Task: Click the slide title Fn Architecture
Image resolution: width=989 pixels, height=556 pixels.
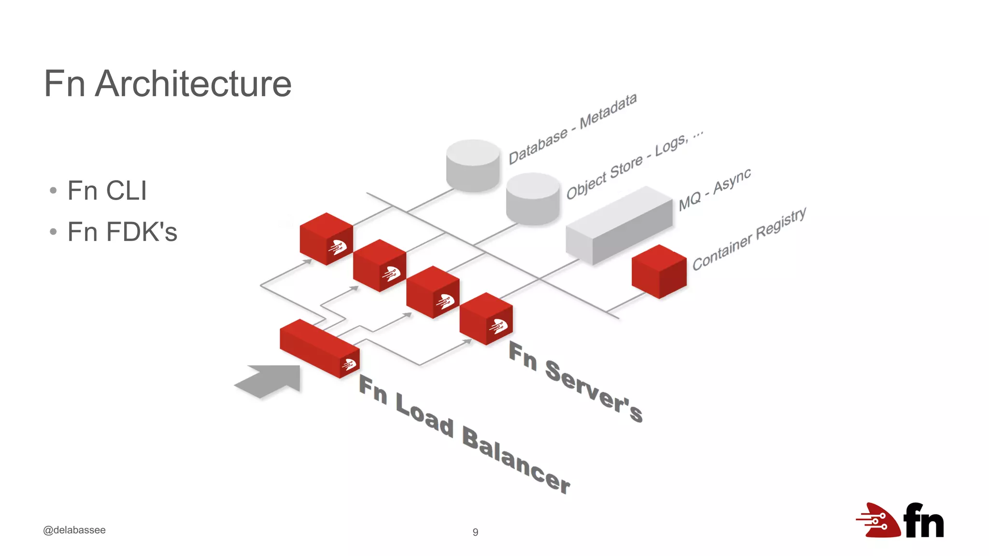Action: [168, 84]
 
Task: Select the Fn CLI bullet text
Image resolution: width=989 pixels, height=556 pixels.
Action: [107, 191]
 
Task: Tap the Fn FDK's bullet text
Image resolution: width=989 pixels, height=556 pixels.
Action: [122, 232]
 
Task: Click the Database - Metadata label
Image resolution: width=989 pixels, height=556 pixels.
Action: [573, 128]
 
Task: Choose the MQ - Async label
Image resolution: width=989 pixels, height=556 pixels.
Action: [715, 189]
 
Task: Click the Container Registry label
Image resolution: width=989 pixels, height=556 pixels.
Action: [749, 238]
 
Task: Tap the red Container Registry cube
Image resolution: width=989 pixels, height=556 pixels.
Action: [659, 272]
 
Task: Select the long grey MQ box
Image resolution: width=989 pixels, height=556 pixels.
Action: [619, 225]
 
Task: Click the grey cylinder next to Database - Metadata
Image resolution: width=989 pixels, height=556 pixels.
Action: [473, 166]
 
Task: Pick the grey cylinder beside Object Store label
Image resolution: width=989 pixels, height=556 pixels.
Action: [533, 198]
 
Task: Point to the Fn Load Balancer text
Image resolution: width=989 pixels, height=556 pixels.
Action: [464, 434]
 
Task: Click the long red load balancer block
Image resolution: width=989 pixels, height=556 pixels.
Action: [319, 348]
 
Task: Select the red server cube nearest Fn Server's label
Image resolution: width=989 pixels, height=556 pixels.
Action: [486, 319]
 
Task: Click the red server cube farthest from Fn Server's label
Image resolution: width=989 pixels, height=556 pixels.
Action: [326, 238]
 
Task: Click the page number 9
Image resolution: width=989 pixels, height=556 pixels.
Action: [475, 532]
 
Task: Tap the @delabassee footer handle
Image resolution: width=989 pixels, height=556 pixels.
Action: [74, 530]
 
